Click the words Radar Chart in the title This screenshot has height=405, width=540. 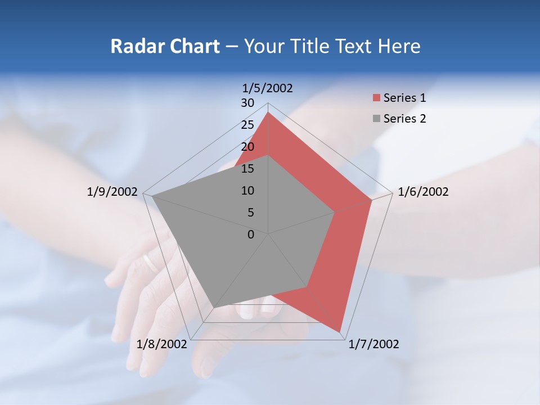(165, 46)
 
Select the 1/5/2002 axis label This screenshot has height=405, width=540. (268, 88)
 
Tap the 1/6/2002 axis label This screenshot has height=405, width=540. (423, 192)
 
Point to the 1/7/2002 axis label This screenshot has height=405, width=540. (373, 344)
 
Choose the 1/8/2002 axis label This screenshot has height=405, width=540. (161, 344)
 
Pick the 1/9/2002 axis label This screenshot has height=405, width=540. (112, 192)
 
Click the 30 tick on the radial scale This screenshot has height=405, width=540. (247, 103)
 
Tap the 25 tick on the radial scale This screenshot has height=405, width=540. (247, 125)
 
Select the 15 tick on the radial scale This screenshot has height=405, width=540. (247, 169)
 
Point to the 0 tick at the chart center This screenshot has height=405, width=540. (251, 235)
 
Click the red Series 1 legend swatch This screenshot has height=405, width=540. (376, 98)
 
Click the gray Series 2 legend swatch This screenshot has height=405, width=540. (376, 119)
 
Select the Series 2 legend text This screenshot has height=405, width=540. (404, 119)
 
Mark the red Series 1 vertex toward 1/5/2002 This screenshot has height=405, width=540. (268, 112)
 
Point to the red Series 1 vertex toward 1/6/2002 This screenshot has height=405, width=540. (372, 200)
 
